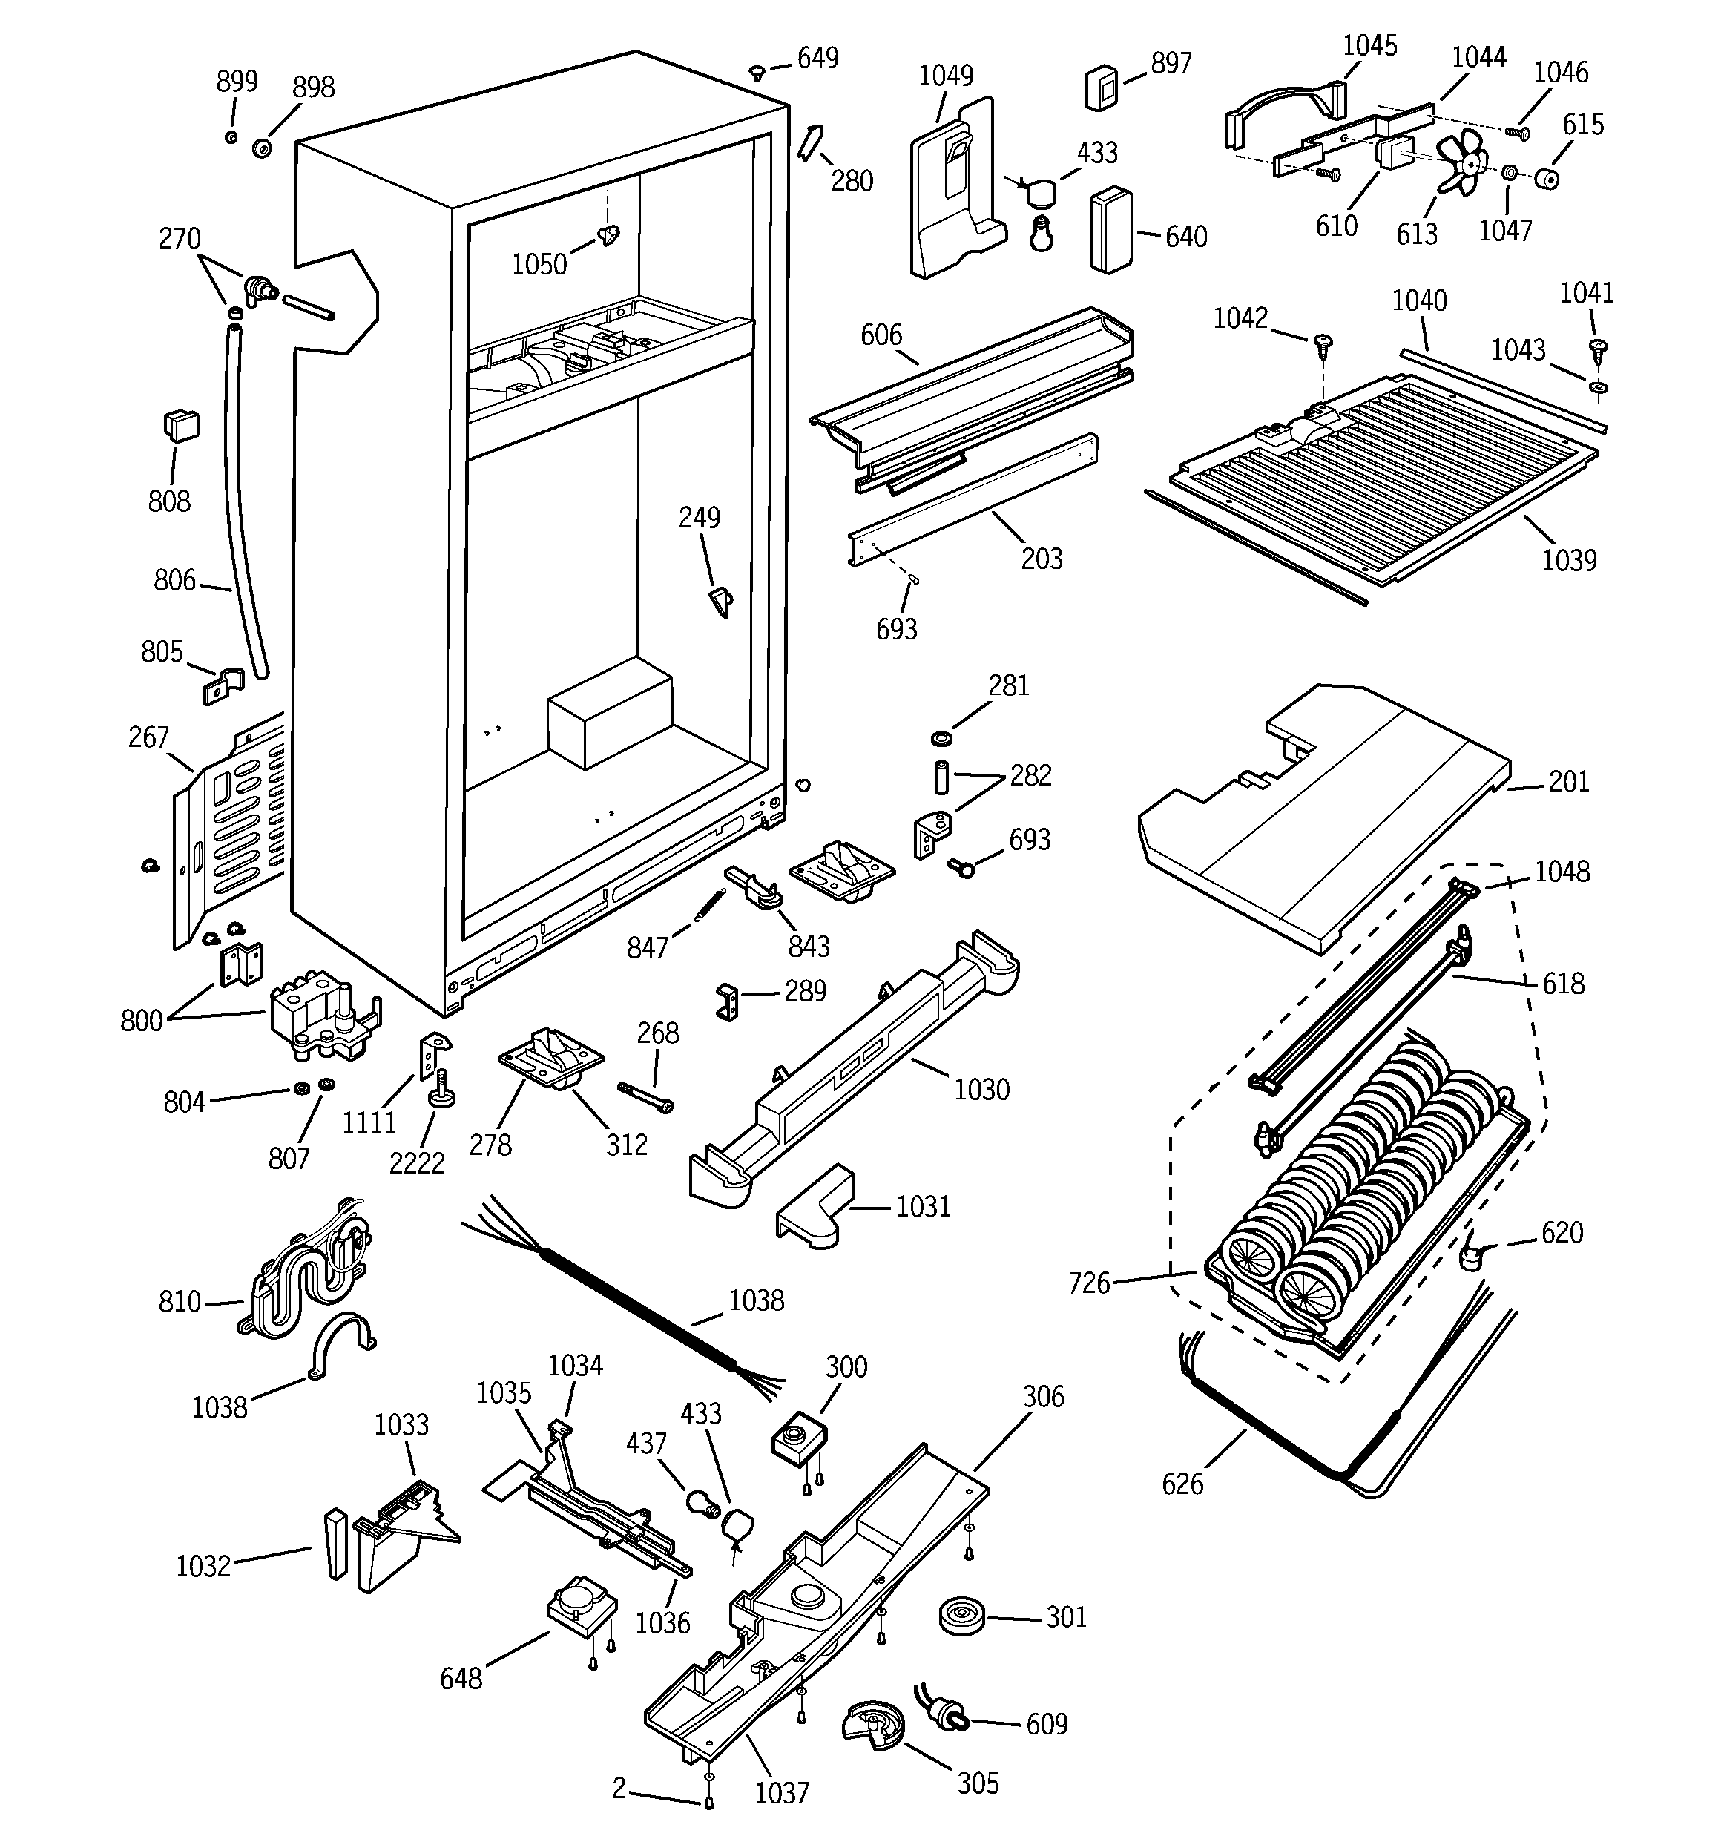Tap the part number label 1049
tap(945, 75)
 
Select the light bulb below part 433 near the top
tap(1042, 237)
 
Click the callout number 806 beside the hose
tap(174, 580)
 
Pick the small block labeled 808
tap(180, 426)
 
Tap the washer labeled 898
tap(261, 147)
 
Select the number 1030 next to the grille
tap(981, 1089)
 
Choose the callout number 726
tap(1088, 1283)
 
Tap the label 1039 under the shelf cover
tap(1569, 559)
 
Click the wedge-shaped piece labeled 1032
tap(335, 1545)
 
